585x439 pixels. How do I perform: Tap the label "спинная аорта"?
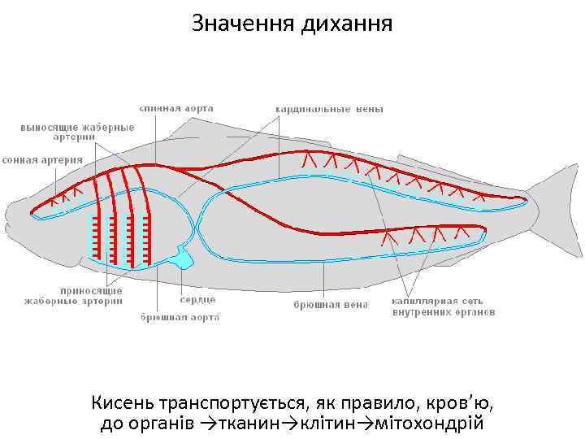click(176, 107)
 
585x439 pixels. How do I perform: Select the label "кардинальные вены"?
click(328, 107)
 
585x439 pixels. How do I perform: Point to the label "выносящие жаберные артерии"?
click(76, 132)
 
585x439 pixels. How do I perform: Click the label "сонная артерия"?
click(42, 159)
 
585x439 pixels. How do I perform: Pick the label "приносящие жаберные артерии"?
click(90, 295)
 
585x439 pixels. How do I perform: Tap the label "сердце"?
click(197, 299)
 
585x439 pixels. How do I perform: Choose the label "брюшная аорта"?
click(180, 317)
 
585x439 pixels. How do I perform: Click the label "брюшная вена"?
click(330, 305)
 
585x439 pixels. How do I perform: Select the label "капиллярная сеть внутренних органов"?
click(444, 305)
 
